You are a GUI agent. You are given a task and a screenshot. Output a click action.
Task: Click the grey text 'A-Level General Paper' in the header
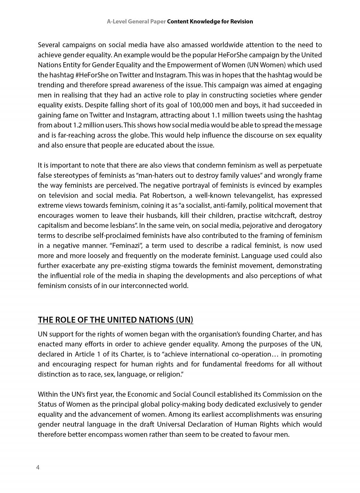pyautogui.click(x=136, y=22)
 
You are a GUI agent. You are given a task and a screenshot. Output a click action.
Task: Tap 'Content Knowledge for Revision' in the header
pyautogui.click(x=210, y=22)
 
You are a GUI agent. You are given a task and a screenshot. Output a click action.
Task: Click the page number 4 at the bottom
pyautogui.click(x=38, y=467)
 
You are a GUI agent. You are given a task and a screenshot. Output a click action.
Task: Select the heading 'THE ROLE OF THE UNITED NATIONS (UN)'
pyautogui.click(x=116, y=320)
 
